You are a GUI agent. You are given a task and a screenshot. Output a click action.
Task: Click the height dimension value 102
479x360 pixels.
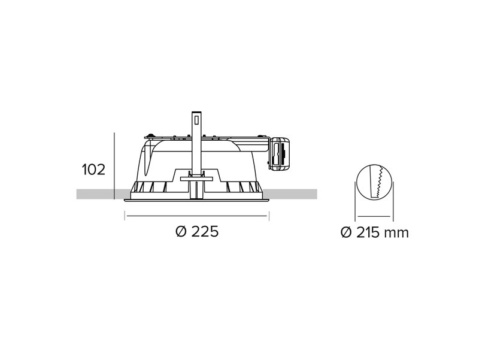click(x=93, y=170)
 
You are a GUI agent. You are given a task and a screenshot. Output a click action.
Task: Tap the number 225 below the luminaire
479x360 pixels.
click(x=205, y=231)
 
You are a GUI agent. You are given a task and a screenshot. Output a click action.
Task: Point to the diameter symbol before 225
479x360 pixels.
click(x=181, y=231)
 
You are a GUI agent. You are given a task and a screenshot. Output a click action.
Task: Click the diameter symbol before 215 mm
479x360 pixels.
click(x=346, y=233)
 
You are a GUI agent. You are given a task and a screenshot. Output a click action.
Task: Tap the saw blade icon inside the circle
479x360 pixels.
click(x=376, y=182)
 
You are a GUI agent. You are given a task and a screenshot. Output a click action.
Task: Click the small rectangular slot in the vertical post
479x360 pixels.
click(x=197, y=119)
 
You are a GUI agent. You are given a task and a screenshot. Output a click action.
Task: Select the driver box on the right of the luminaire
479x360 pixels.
click(x=279, y=153)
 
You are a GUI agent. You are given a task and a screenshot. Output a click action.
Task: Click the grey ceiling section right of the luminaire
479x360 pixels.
click(x=290, y=194)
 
